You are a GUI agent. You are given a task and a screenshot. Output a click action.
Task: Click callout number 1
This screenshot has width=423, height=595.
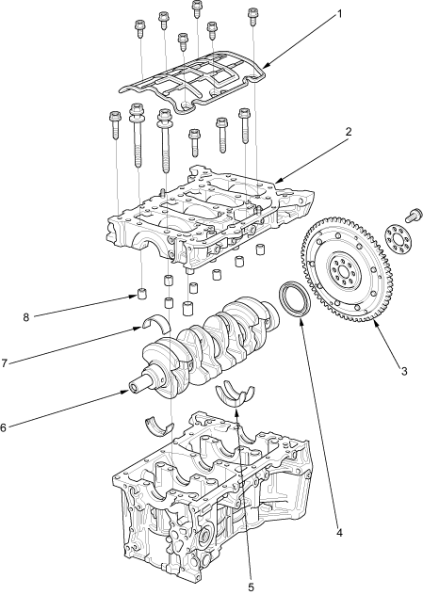[340, 14]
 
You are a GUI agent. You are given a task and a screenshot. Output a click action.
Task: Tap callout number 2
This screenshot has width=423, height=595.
[349, 132]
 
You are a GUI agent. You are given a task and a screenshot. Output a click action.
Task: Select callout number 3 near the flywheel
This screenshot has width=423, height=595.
[403, 371]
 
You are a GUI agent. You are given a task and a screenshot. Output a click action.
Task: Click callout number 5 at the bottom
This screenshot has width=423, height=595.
[251, 587]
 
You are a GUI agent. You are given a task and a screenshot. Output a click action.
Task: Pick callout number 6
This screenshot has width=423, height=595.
[4, 427]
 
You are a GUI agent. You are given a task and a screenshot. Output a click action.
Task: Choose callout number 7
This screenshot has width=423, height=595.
[4, 363]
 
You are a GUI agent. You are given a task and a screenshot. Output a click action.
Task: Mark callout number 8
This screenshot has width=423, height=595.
[25, 317]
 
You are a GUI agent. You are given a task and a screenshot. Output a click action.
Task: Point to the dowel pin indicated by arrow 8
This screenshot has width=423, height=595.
[142, 295]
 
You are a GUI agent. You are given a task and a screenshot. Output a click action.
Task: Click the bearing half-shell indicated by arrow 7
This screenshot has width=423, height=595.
[156, 324]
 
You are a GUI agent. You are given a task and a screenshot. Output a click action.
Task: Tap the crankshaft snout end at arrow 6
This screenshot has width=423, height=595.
[134, 388]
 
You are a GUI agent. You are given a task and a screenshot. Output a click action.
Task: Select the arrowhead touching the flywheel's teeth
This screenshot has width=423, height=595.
[375, 323]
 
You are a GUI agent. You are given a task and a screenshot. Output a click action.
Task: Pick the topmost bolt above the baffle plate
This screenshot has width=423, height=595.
[196, 8]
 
